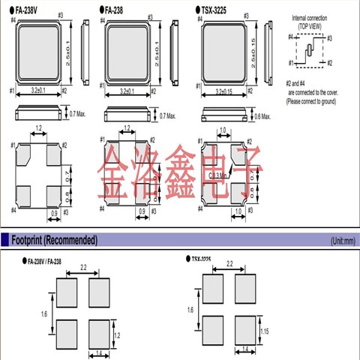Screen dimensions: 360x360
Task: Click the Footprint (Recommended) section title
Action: tap(54, 240)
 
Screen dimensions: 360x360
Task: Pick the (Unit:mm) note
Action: tap(342, 241)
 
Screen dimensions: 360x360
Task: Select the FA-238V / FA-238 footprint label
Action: tap(53, 262)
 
